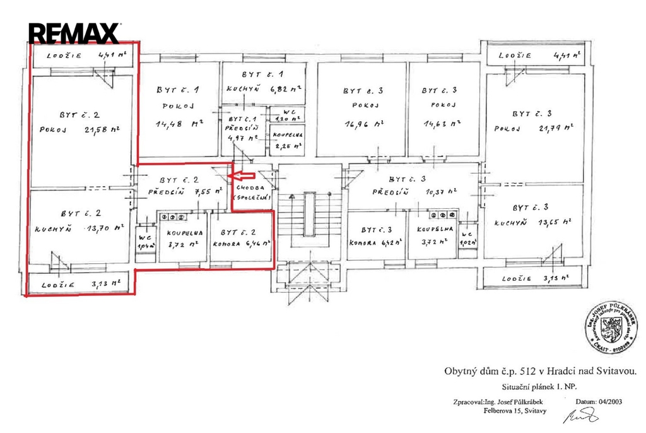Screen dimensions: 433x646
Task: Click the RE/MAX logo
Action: point(74,33)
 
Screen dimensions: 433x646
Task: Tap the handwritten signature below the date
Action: point(585,415)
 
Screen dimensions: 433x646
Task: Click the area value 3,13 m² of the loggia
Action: point(106,285)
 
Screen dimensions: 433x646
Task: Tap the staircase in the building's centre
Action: point(309,218)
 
